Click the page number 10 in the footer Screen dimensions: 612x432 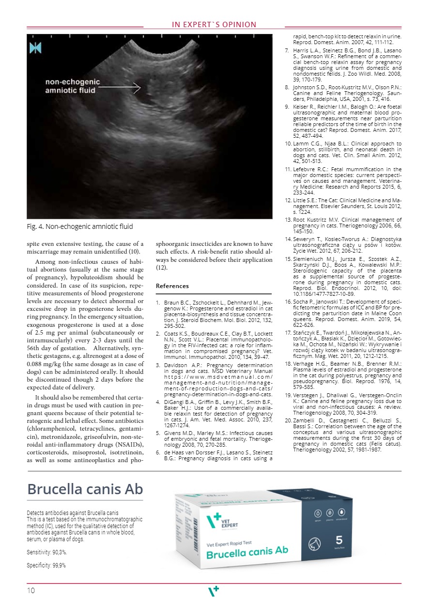point(31,590)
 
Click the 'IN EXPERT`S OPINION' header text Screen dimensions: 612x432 point(214,25)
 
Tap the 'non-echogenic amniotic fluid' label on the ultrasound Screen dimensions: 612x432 point(73,86)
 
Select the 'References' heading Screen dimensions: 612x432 point(172,286)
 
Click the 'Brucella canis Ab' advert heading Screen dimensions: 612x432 point(85,489)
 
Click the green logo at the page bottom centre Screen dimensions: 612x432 point(214,591)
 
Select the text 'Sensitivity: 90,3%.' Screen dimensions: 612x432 point(46,552)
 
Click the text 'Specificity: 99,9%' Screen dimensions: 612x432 point(46,565)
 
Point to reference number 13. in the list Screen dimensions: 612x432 point(288,220)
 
